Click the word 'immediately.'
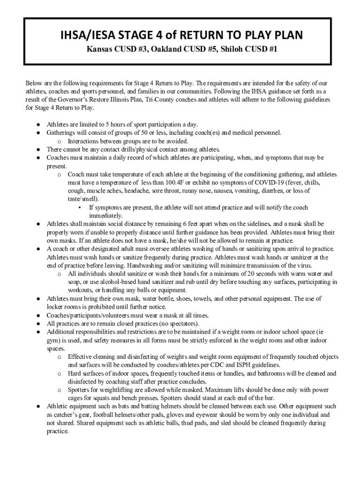pyautogui.click(x=106, y=216)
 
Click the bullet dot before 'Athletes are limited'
pyautogui.click(x=37, y=124)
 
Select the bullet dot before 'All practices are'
pyautogui.click(x=37, y=324)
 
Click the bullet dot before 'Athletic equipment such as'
pyautogui.click(x=37, y=406)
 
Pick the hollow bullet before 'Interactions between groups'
pyautogui.click(x=59, y=141)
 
